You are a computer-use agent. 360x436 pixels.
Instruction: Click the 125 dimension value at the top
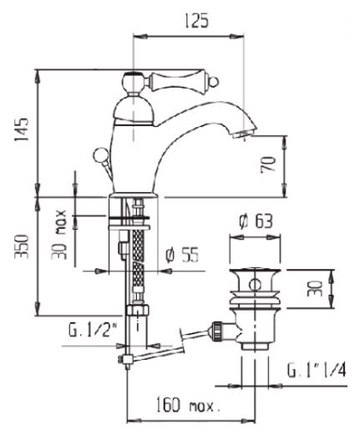click(x=196, y=21)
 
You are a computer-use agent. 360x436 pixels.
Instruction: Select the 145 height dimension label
click(x=22, y=129)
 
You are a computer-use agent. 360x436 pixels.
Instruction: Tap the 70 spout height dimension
click(x=268, y=165)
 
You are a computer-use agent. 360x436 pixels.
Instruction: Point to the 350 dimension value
click(x=22, y=246)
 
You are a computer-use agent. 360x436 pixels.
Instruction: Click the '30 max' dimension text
click(x=59, y=235)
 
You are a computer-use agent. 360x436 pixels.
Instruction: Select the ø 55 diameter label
click(x=181, y=255)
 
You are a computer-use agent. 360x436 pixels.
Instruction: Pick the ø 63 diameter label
click(x=256, y=221)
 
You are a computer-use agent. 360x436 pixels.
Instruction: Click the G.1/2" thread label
click(x=93, y=330)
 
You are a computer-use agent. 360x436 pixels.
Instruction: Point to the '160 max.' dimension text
click(x=188, y=405)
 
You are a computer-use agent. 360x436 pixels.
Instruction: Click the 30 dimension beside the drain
click(x=315, y=289)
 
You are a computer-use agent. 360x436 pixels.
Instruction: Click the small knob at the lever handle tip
click(x=215, y=82)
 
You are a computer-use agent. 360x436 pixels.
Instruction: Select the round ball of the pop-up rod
click(x=99, y=154)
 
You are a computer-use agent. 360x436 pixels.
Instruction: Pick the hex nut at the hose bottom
click(x=138, y=310)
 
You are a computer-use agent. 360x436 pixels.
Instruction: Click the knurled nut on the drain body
click(x=217, y=331)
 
